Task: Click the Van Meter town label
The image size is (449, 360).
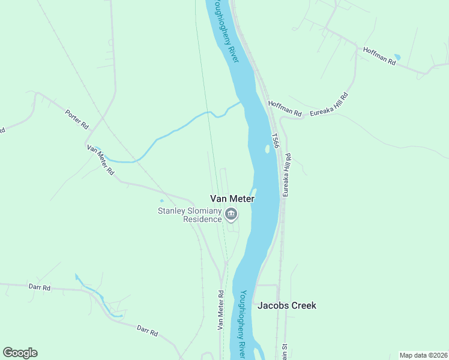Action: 232,199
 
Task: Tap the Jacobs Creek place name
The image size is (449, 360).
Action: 286,305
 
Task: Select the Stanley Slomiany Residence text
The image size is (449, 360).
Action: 190,215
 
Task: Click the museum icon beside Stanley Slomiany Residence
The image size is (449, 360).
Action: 231,214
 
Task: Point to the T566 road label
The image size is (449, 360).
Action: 275,141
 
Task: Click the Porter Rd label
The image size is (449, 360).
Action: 77,119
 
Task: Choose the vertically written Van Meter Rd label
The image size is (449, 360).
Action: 220,310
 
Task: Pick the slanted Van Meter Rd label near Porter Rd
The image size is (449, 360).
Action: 100,159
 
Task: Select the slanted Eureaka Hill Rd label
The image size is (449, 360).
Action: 329,104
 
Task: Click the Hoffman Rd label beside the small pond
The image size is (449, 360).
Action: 379,56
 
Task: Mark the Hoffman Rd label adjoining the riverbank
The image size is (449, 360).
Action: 285,108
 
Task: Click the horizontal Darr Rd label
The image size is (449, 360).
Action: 40,287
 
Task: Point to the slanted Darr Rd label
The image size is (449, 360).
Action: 147,330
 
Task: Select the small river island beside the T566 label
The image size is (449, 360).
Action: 267,148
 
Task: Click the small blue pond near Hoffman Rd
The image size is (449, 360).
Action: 397,58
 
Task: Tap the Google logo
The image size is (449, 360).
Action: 20,353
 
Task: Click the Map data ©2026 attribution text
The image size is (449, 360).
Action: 423,355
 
